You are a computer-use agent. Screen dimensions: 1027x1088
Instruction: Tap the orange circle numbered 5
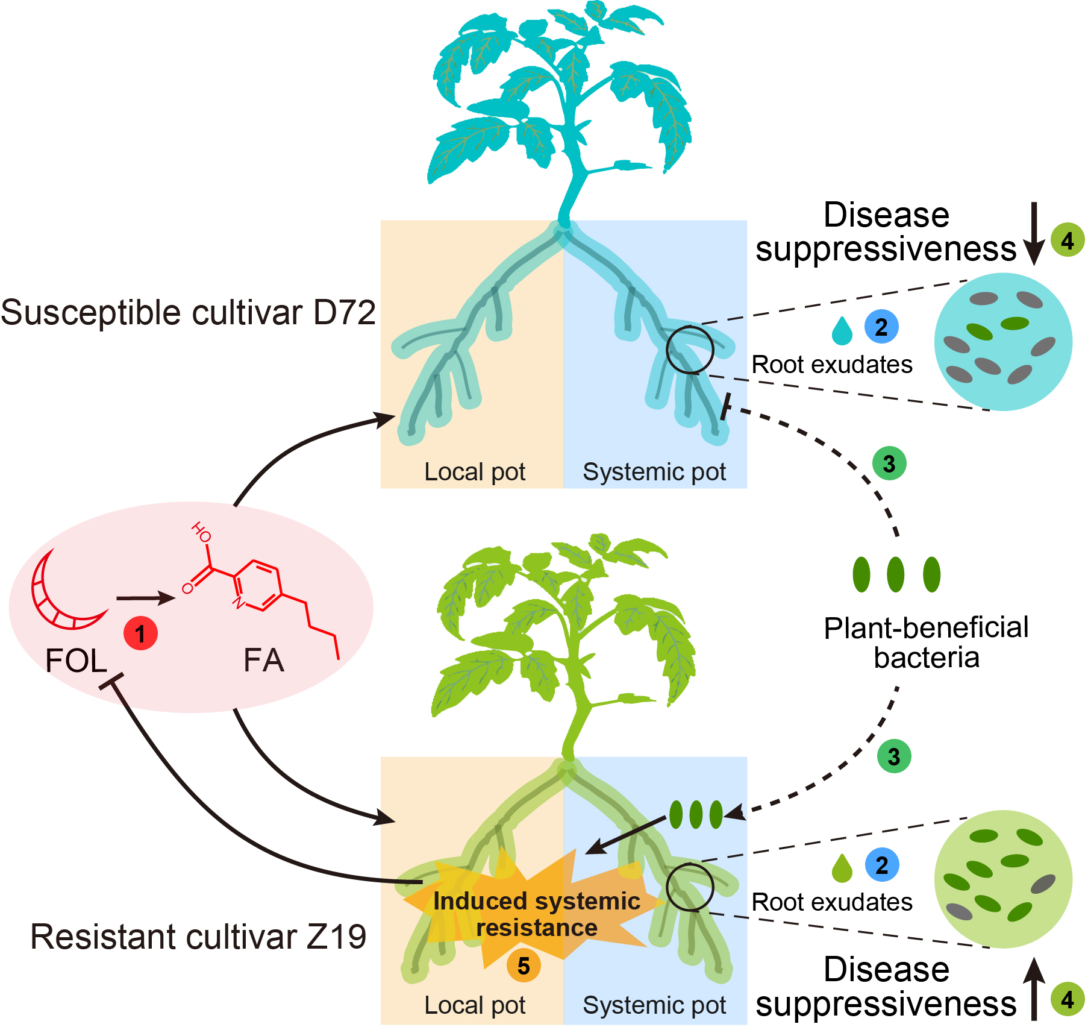click(x=524, y=966)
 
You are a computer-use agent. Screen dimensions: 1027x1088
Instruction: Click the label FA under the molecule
click(x=263, y=660)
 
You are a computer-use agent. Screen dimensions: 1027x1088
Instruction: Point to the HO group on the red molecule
click(x=201, y=532)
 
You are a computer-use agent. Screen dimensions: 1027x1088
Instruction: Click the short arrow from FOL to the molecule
click(x=145, y=598)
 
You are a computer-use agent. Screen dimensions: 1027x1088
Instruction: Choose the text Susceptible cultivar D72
click(x=188, y=313)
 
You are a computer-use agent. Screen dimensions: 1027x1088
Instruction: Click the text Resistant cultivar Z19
click(x=198, y=937)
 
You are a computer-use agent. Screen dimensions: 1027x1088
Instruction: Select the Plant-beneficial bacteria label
click(x=926, y=642)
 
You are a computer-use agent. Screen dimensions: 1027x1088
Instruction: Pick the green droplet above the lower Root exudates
click(x=842, y=868)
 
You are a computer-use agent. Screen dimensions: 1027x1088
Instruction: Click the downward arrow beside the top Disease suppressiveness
click(x=1034, y=233)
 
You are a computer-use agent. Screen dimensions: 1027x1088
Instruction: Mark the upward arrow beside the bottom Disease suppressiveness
click(x=1034, y=988)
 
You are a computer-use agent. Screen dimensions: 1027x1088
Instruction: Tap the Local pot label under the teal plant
click(x=475, y=472)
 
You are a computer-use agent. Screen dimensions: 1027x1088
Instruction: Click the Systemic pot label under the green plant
click(x=654, y=1005)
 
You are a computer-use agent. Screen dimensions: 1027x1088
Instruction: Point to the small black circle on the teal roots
click(x=690, y=350)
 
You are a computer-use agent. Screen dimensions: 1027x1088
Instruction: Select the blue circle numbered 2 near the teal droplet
click(x=881, y=327)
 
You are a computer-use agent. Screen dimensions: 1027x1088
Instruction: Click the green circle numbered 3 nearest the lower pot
click(x=894, y=756)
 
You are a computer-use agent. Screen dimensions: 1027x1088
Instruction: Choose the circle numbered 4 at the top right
click(x=1068, y=240)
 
